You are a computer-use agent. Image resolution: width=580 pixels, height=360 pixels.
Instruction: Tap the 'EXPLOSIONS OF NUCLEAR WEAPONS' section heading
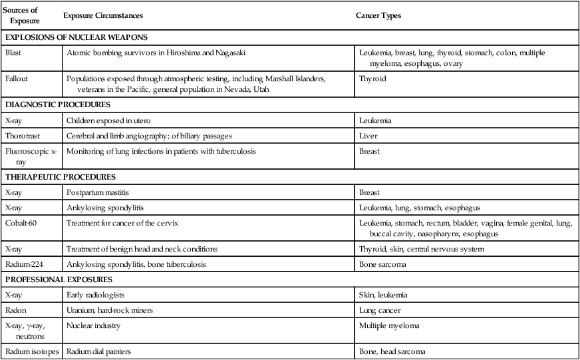[76, 37]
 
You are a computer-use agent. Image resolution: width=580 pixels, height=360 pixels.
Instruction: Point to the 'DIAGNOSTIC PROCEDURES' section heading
[57, 104]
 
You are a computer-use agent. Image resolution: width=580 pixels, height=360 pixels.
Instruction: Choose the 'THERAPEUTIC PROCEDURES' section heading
[61, 177]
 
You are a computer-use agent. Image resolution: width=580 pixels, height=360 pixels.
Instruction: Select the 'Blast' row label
[13, 53]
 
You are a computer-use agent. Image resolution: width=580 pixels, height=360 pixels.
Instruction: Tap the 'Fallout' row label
[16, 79]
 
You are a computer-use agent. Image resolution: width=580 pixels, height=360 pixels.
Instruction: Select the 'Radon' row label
[15, 310]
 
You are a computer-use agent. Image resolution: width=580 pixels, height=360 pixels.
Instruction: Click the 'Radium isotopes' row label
[32, 352]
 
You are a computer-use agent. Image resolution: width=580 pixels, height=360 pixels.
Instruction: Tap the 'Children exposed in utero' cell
[108, 120]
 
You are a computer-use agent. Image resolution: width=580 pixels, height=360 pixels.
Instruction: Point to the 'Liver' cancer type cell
[368, 136]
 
